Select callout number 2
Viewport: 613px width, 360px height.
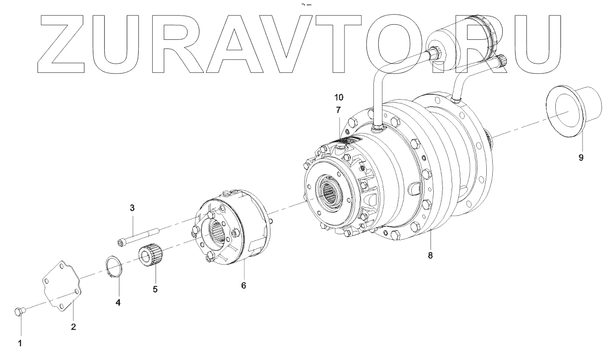click(73, 327)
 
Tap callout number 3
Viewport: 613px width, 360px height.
click(132, 208)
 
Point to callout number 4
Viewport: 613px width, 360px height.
click(118, 302)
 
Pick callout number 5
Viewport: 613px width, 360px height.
click(155, 289)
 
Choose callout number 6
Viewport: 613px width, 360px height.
click(243, 285)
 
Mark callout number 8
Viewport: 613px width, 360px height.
click(430, 255)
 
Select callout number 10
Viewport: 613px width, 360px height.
click(339, 97)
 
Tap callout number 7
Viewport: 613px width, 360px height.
click(339, 110)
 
